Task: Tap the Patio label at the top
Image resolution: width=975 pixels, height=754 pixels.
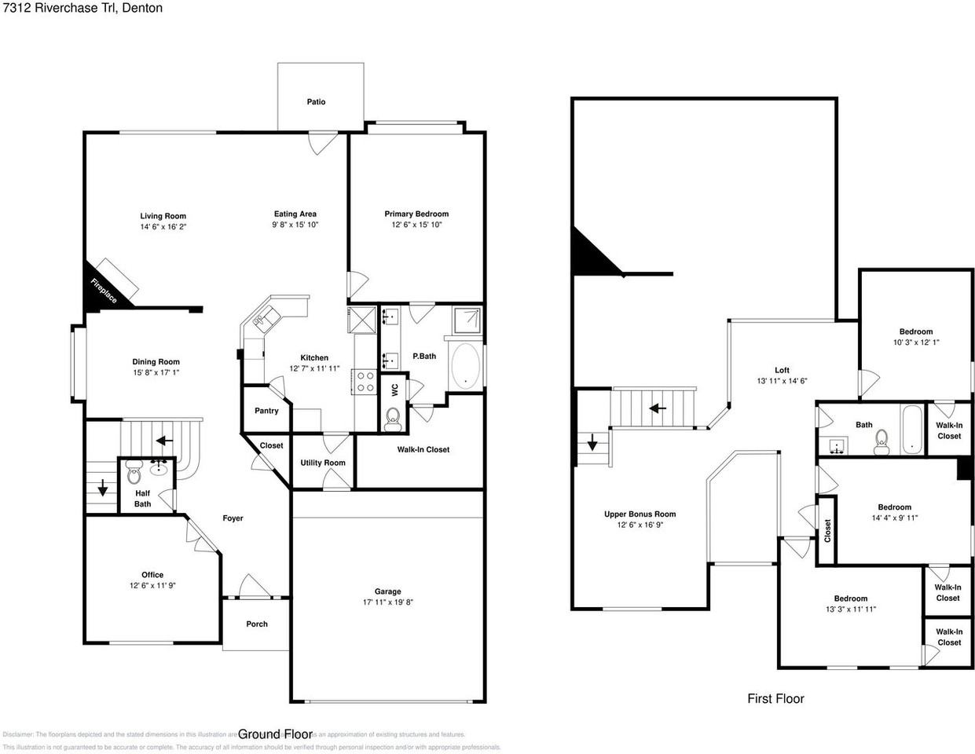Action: point(316,101)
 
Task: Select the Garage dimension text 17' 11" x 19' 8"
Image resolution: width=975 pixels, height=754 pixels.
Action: point(387,602)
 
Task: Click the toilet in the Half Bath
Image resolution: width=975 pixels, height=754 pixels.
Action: point(134,475)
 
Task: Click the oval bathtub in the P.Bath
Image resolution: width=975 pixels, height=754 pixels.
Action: point(465,366)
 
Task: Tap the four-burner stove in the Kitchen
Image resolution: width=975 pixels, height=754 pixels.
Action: point(365,382)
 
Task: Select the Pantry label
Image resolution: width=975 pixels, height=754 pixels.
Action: point(266,411)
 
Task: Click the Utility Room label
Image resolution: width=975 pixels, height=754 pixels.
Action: point(322,463)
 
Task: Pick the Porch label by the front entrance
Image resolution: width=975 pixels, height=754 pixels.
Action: point(257,624)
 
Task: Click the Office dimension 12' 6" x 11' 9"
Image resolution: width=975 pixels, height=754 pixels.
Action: point(152,585)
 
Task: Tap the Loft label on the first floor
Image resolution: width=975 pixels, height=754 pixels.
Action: point(782,370)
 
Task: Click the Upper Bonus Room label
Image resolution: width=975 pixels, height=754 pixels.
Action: point(640,514)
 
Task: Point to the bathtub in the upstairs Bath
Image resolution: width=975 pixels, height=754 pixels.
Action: point(911,430)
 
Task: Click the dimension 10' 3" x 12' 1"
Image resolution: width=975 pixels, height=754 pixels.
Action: point(916,342)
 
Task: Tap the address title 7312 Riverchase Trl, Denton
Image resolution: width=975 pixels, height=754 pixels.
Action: point(82,8)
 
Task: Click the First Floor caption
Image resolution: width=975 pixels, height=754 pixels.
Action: point(775,698)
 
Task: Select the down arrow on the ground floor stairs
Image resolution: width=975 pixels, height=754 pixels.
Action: point(102,489)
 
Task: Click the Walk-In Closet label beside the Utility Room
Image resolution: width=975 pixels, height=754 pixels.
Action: point(423,449)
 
